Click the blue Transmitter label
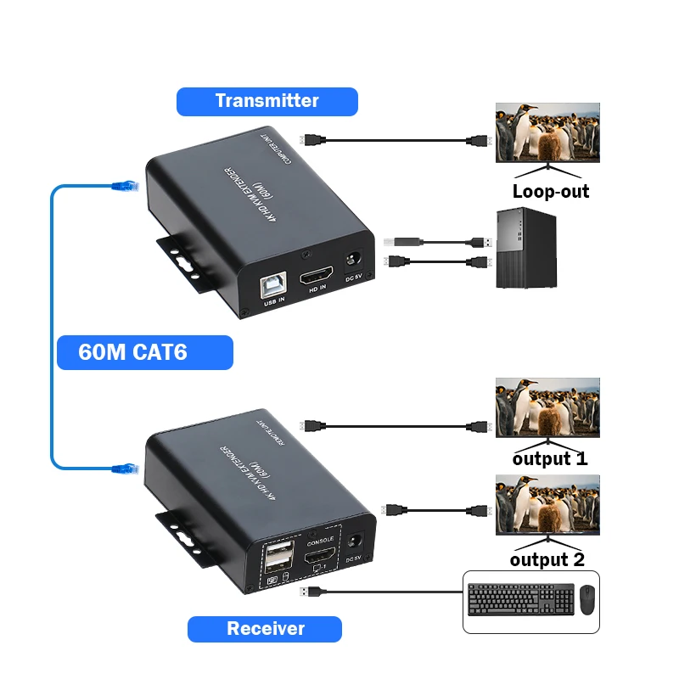coord(267,101)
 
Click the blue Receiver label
coord(265,629)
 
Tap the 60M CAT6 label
coord(144,352)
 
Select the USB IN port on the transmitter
coord(274,285)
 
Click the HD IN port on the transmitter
coord(316,277)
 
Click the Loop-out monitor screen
coord(547,132)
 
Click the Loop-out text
coord(550,191)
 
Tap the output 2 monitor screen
coord(547,504)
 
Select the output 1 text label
coord(549,459)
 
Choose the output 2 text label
coord(547,559)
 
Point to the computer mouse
coord(586,601)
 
